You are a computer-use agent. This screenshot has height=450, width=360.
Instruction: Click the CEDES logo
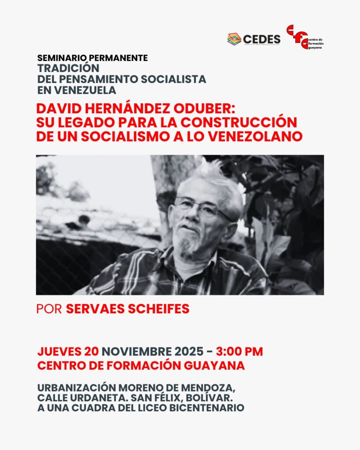254,39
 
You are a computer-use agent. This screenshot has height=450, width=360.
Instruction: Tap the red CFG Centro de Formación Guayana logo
304,37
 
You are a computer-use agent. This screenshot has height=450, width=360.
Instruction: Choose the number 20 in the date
91,352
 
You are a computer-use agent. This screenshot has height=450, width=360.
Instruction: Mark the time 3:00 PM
240,352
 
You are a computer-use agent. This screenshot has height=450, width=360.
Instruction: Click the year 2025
188,352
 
